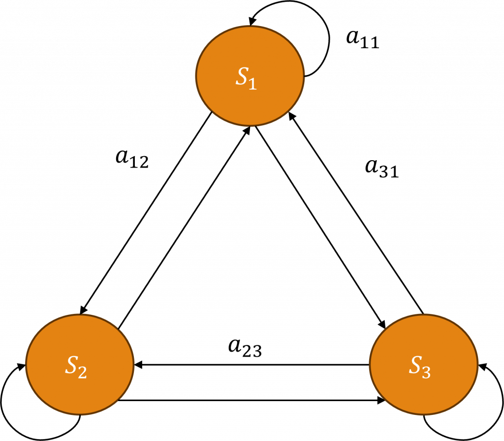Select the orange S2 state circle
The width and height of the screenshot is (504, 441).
click(x=80, y=365)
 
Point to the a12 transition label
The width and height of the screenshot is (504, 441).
click(x=131, y=159)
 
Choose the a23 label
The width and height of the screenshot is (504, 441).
click(x=245, y=348)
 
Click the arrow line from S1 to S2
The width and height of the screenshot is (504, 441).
click(x=148, y=212)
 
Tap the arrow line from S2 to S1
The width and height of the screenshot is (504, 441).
click(x=185, y=227)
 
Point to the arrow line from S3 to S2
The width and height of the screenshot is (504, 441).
click(x=251, y=365)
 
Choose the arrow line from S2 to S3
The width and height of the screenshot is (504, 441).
click(x=251, y=401)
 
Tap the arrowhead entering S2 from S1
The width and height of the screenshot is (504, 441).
click(x=83, y=309)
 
